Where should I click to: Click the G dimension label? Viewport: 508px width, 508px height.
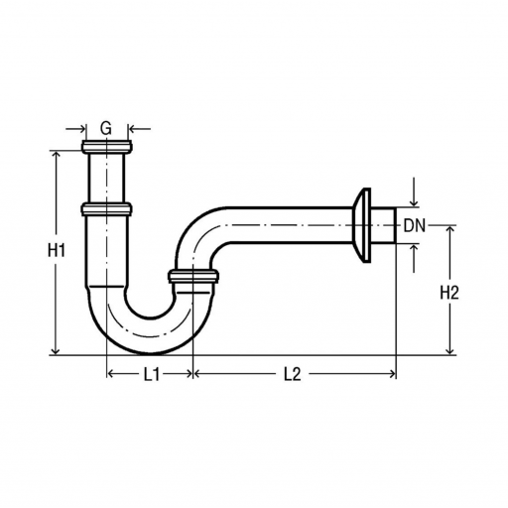coord(106,128)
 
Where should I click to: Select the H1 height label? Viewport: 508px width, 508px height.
coord(57,250)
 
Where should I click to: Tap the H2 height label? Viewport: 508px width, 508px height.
coord(449,293)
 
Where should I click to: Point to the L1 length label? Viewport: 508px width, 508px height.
coord(152,374)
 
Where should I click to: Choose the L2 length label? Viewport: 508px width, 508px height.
coord(293,374)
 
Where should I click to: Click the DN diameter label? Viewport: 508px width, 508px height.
coord(415,226)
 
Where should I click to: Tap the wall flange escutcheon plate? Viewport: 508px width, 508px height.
coord(361,225)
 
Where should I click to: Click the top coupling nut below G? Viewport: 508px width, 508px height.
coord(107,147)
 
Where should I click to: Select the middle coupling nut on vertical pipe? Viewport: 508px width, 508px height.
coord(106,209)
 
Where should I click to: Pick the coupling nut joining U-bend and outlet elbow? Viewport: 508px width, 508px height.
coord(193,277)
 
